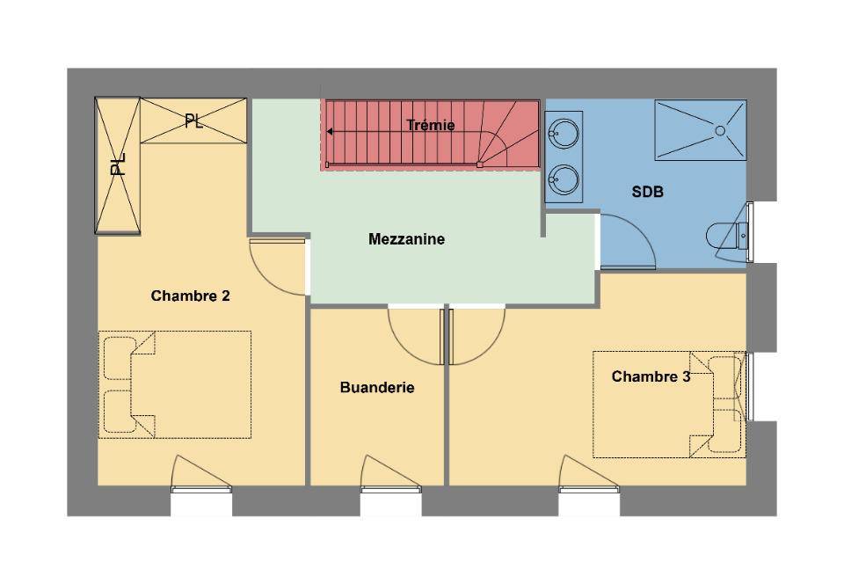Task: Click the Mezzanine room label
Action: click(x=406, y=239)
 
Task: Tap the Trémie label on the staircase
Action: click(x=431, y=126)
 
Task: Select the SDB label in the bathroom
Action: click(x=648, y=192)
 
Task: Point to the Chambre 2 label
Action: click(x=191, y=296)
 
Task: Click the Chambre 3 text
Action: click(x=651, y=376)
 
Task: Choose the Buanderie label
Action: click(x=377, y=388)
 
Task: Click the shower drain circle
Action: click(x=720, y=130)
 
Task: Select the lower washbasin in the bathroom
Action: click(x=564, y=179)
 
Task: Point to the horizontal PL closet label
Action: click(x=193, y=121)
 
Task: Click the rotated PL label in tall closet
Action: click(x=118, y=164)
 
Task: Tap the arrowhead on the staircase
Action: click(x=330, y=132)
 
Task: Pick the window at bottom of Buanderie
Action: click(x=390, y=489)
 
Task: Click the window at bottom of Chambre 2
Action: click(x=201, y=489)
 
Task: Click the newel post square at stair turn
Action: click(x=480, y=164)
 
